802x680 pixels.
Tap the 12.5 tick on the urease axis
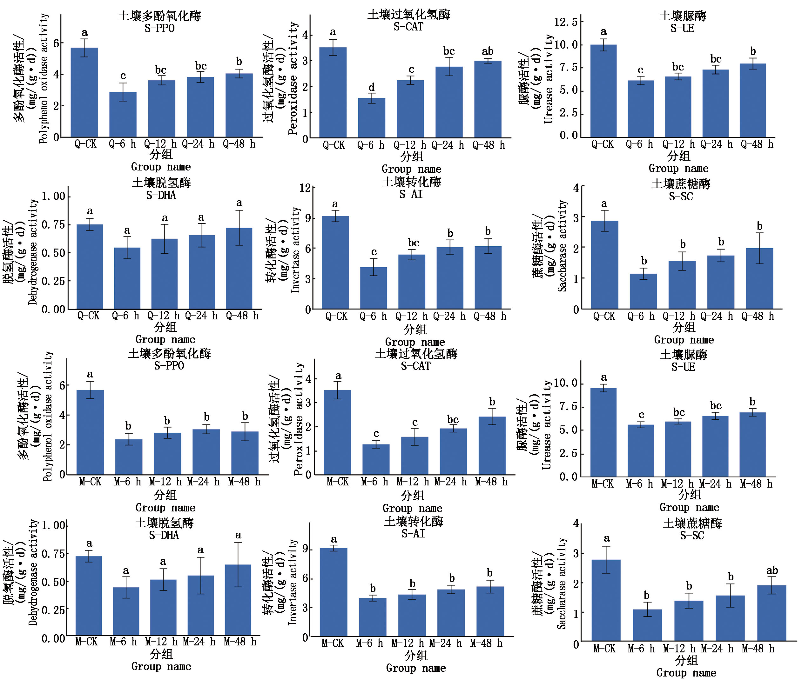[x=566, y=22]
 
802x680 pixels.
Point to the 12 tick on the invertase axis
[x=305, y=188]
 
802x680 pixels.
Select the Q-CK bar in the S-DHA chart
[x=90, y=266]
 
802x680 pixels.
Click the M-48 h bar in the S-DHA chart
[x=238, y=599]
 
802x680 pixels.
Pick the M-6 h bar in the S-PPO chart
[x=128, y=457]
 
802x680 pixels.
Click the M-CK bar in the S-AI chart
[x=334, y=592]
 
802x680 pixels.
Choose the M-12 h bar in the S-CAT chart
[x=414, y=455]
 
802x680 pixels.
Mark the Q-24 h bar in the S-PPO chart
[x=200, y=107]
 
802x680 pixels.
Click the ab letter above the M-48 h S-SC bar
[x=772, y=570]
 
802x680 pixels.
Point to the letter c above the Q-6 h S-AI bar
[x=374, y=252]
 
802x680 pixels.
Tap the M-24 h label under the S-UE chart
[x=715, y=484]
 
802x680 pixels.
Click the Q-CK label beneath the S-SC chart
[x=604, y=317]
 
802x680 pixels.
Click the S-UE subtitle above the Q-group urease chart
[x=683, y=29]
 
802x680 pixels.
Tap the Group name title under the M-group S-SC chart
[x=686, y=673]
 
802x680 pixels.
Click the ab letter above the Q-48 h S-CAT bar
[x=487, y=51]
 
